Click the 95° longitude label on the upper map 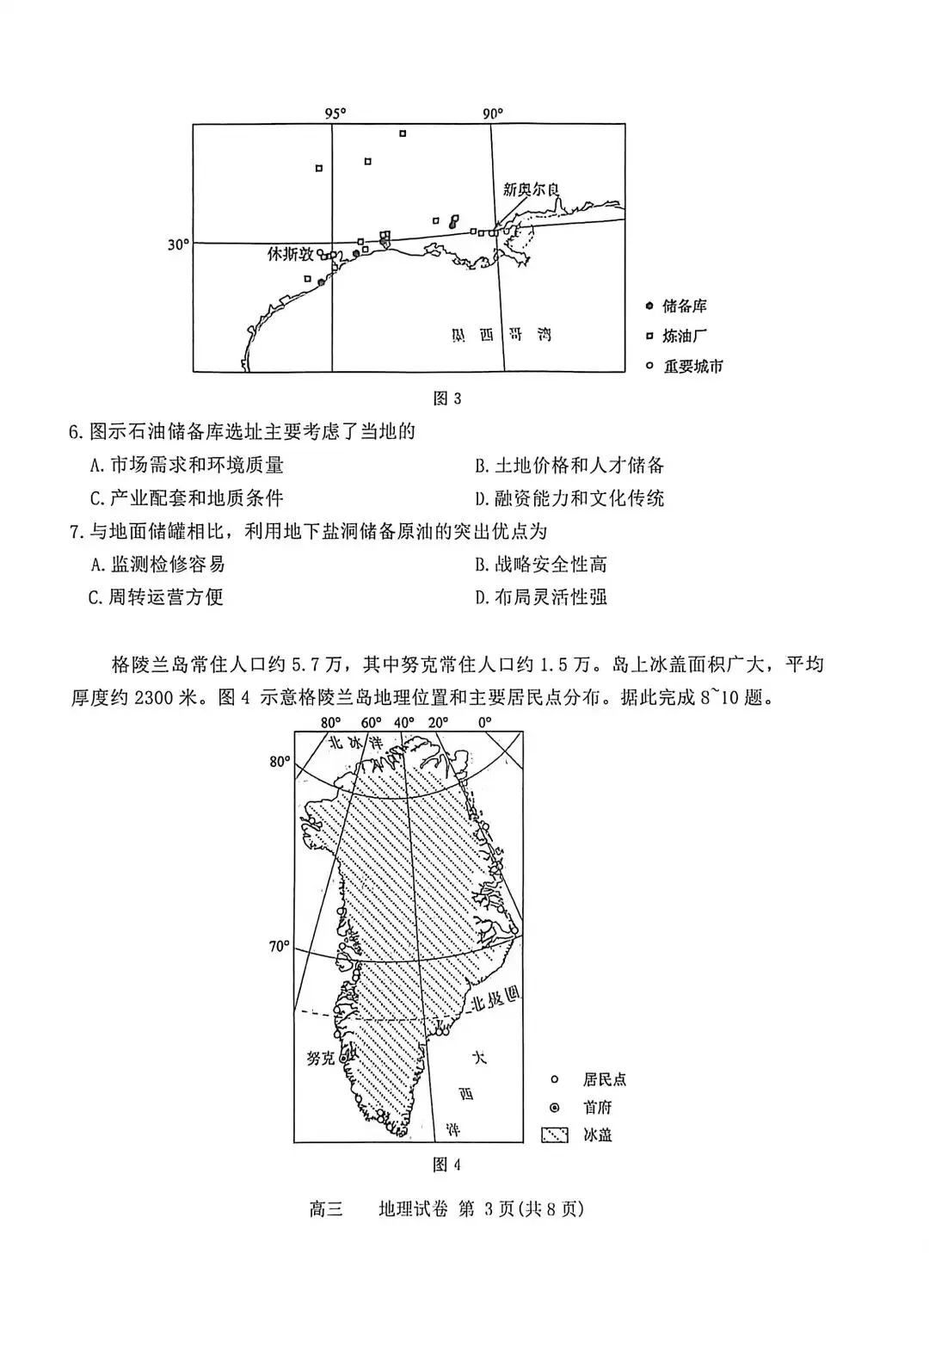click(x=335, y=114)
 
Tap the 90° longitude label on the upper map click(x=492, y=114)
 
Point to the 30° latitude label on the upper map click(x=178, y=245)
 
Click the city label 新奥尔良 click(x=532, y=188)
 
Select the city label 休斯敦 click(x=290, y=254)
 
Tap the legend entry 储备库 click(x=684, y=306)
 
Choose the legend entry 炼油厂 click(x=684, y=337)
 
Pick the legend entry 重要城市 click(x=692, y=367)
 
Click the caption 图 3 click(x=447, y=399)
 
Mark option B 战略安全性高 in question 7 click(x=541, y=565)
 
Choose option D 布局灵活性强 click(x=541, y=597)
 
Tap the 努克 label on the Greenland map click(x=320, y=1058)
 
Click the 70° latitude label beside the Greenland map click(x=280, y=947)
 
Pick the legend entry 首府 click(x=597, y=1108)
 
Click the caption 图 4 click(x=447, y=1165)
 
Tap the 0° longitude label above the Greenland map click(x=484, y=722)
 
